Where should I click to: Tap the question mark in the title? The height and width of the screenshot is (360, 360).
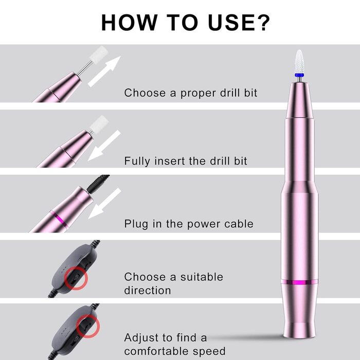click(x=262, y=22)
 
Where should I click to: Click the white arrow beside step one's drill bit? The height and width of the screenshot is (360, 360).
click(x=104, y=71)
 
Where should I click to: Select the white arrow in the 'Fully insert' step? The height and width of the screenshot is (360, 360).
click(x=104, y=146)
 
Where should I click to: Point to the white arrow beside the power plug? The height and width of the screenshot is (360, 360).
click(x=104, y=204)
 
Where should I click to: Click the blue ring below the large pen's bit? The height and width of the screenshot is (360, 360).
click(x=299, y=75)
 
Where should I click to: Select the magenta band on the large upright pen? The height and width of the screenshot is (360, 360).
click(x=300, y=282)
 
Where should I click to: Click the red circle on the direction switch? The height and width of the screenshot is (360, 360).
click(x=76, y=278)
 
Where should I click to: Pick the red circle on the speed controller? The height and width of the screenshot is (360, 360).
click(x=88, y=326)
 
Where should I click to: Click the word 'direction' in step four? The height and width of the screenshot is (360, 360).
click(x=148, y=291)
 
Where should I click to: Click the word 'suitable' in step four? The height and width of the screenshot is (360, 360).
click(x=202, y=277)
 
